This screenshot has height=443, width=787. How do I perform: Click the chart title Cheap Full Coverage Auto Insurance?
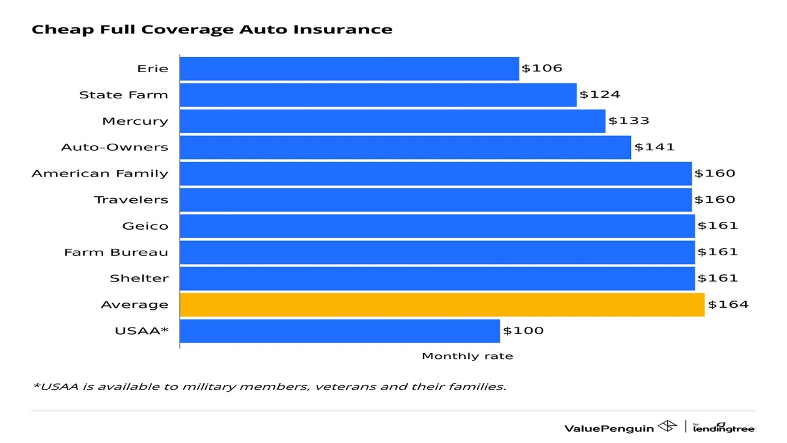(212, 30)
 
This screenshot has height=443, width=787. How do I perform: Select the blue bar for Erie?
(349, 68)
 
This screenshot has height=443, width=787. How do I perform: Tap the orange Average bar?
(441, 305)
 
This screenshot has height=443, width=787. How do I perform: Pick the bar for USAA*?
(339, 331)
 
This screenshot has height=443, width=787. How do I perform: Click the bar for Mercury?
(392, 121)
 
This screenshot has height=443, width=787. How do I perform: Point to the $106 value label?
(542, 68)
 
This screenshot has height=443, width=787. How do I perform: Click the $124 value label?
(599, 95)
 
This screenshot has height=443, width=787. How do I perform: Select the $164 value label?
(727, 305)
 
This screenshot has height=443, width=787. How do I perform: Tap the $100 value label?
(523, 331)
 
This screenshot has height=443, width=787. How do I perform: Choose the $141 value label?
(654, 147)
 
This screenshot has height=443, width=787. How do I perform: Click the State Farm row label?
(123, 95)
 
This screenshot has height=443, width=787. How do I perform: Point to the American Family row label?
(100, 173)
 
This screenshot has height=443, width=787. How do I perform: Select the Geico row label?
(145, 226)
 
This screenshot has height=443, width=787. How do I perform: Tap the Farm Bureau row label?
(116, 252)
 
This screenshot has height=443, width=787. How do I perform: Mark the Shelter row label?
(139, 278)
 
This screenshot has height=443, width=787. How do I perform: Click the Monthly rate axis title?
(467, 356)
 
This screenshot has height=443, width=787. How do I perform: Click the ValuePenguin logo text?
(609, 428)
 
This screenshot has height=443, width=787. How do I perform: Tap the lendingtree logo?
(724, 428)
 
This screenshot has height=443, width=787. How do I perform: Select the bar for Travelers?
(435, 200)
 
